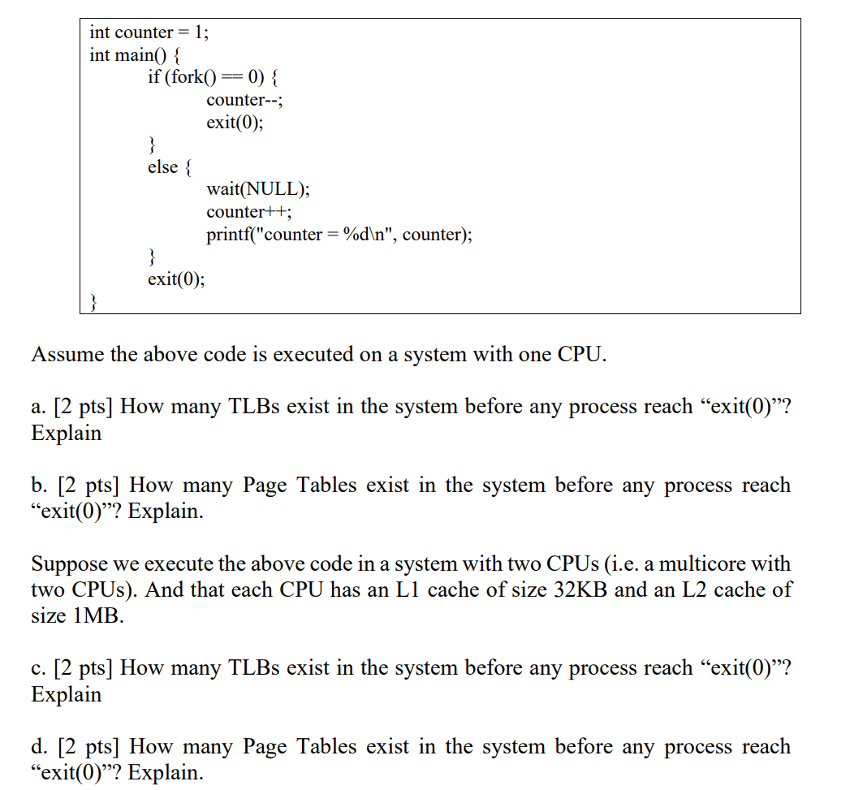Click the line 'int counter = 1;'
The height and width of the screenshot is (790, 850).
149,32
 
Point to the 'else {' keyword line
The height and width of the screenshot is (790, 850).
170,167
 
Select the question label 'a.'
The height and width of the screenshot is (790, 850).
39,406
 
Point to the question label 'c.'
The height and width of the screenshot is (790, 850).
38,667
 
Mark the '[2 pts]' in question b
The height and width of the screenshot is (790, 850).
88,486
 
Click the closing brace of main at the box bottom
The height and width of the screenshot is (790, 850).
94,303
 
